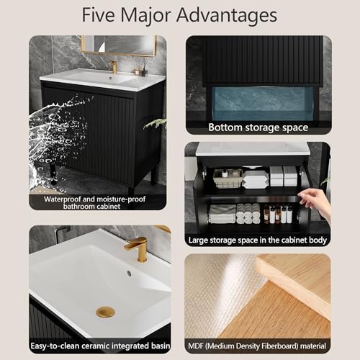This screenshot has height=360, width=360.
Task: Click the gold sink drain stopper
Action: click(105, 312)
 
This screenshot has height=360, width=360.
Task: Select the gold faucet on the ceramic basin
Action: click(138, 248)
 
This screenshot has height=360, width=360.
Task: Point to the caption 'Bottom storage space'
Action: click(258, 127)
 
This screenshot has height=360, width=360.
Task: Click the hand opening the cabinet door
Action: click(319, 204)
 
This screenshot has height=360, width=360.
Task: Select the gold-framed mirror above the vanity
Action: click(119, 45)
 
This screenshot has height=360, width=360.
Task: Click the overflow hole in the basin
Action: click(129, 274)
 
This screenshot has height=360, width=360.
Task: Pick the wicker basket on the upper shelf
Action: click(228, 179)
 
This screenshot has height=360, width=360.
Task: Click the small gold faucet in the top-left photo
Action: click(113, 66)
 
